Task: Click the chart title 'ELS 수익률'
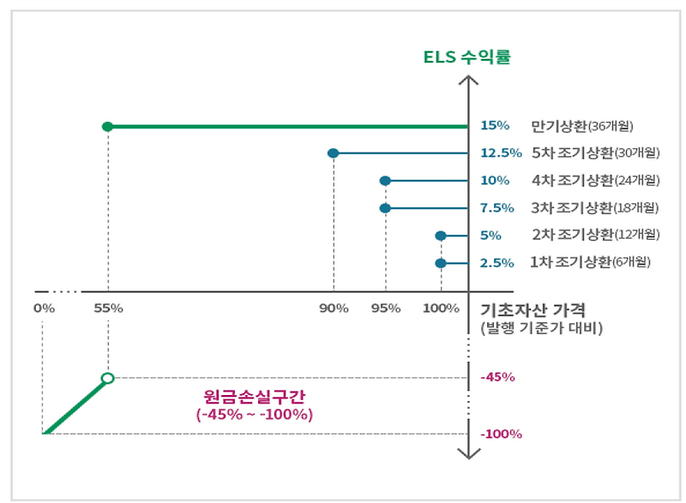(x=467, y=58)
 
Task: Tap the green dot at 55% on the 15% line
(x=107, y=127)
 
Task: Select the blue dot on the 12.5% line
(x=333, y=153)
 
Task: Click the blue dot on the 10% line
(x=385, y=181)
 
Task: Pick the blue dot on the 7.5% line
(x=385, y=208)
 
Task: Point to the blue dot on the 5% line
(x=441, y=236)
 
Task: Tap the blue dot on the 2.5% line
(x=441, y=263)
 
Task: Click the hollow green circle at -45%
(x=107, y=378)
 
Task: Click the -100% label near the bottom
(x=502, y=434)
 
